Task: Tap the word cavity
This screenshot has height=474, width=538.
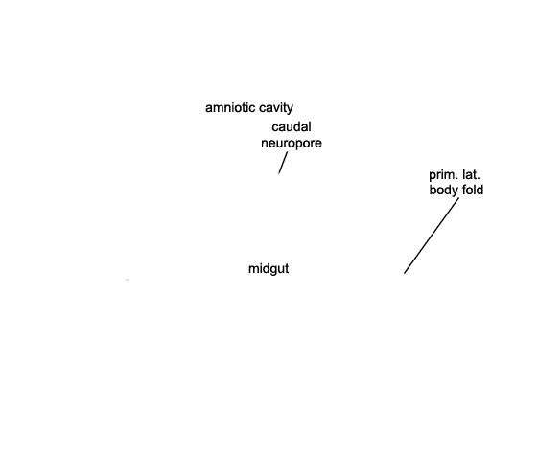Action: coord(276,108)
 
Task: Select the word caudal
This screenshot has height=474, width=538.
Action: coord(292,127)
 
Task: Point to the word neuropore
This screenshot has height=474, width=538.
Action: coord(292,144)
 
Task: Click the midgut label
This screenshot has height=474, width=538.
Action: coord(269,269)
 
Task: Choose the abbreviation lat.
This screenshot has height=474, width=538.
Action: coord(471,175)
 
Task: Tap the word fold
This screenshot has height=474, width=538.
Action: coord(473,190)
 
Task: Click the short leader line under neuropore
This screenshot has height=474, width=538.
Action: coord(283,163)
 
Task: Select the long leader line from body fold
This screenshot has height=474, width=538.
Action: coord(432,236)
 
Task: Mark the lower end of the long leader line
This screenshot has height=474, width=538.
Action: coord(404,273)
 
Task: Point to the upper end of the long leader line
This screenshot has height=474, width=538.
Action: coord(458,198)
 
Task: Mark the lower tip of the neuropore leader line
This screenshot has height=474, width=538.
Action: coord(279,173)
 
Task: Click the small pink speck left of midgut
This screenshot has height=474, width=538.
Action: coord(128,280)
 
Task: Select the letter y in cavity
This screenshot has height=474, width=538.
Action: coord(291,110)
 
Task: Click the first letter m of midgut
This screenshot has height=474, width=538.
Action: coord(253,269)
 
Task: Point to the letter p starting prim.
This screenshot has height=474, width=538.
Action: coord(433,177)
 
